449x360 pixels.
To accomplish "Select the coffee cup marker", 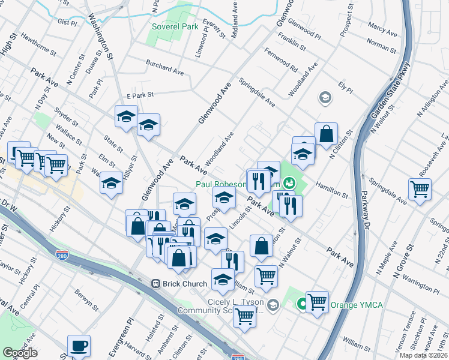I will click(79, 346).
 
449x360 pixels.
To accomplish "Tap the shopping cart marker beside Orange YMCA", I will click(317, 302).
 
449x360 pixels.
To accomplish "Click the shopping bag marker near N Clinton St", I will click(325, 134).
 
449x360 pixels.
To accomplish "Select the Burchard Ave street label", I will click(165, 66).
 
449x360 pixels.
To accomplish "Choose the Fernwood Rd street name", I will click(285, 61).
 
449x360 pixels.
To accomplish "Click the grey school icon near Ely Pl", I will click(325, 97).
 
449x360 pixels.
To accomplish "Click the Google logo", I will click(20, 353).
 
